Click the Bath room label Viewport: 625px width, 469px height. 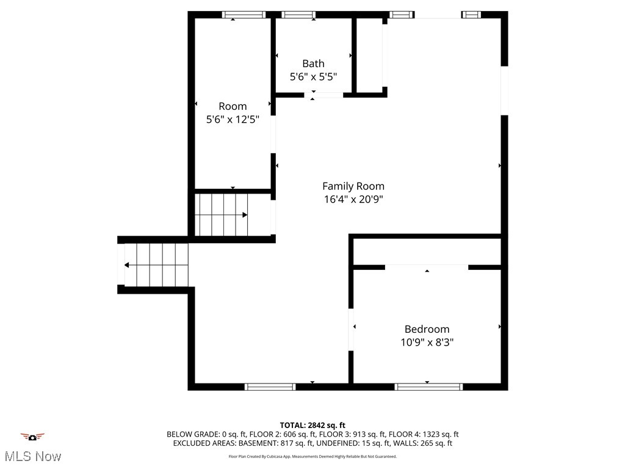point(313,64)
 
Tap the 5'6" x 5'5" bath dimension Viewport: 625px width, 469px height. point(313,76)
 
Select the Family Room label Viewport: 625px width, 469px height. point(353,186)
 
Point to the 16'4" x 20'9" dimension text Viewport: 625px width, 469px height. point(353,199)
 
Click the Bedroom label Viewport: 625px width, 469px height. point(427,329)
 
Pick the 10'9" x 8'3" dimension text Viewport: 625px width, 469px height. point(427,342)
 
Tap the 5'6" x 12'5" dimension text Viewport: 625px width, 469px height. point(233,120)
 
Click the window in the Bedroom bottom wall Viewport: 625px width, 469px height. point(429,387)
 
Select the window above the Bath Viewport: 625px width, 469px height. point(298,15)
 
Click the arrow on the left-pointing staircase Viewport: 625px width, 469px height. point(127,265)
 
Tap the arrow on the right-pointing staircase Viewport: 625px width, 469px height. point(245,215)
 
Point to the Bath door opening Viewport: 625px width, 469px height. point(324,95)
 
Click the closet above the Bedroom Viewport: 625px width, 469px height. point(427,252)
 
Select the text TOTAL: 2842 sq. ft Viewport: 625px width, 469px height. point(312,425)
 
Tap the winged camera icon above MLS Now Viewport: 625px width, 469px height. point(32,437)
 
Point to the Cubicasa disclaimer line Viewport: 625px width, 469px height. point(312,457)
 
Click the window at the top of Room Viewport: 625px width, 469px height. point(244,15)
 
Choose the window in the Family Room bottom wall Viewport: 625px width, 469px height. point(270,387)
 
